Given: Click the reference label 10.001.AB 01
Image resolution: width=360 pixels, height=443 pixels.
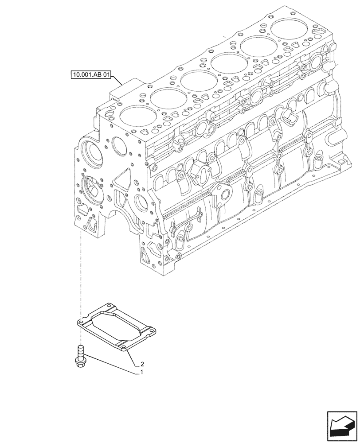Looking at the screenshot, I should click(90, 74).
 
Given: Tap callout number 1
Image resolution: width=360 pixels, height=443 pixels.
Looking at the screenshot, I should click(141, 373).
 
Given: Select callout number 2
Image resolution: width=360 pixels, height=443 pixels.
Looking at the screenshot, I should click(141, 364).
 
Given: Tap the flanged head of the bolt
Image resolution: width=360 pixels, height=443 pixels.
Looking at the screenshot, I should click(80, 362).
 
